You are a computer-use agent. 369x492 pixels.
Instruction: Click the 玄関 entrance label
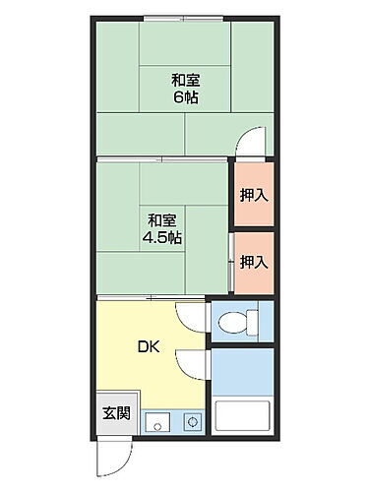point(115,413)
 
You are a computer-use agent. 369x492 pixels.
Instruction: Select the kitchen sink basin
point(156,424)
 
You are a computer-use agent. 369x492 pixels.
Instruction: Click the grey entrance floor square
point(116,413)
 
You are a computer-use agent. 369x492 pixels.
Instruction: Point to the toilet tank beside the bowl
point(252,320)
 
